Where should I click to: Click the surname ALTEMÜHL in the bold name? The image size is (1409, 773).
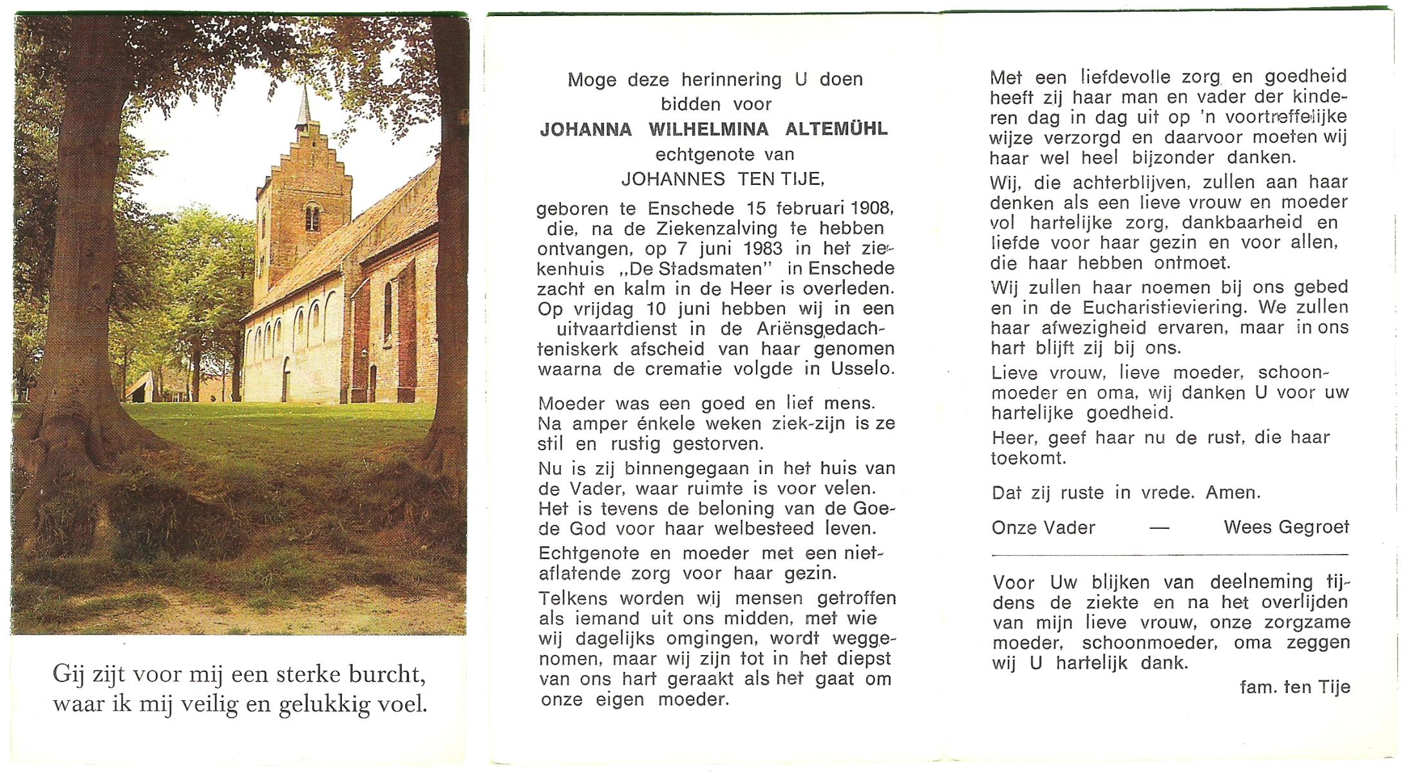(x=836, y=129)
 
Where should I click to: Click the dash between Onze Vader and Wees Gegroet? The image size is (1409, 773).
(x=1159, y=529)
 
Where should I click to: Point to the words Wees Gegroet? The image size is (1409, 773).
(x=1286, y=528)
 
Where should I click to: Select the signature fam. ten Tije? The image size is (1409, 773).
(x=1294, y=687)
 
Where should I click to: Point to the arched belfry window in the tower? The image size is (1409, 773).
(x=312, y=217)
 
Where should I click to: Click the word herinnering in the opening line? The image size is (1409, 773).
(x=732, y=80)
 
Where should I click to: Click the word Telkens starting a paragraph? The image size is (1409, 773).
(x=573, y=598)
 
